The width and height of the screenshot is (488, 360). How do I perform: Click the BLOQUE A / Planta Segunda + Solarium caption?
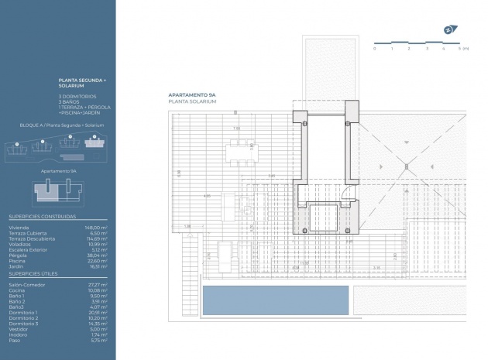(61, 125)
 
